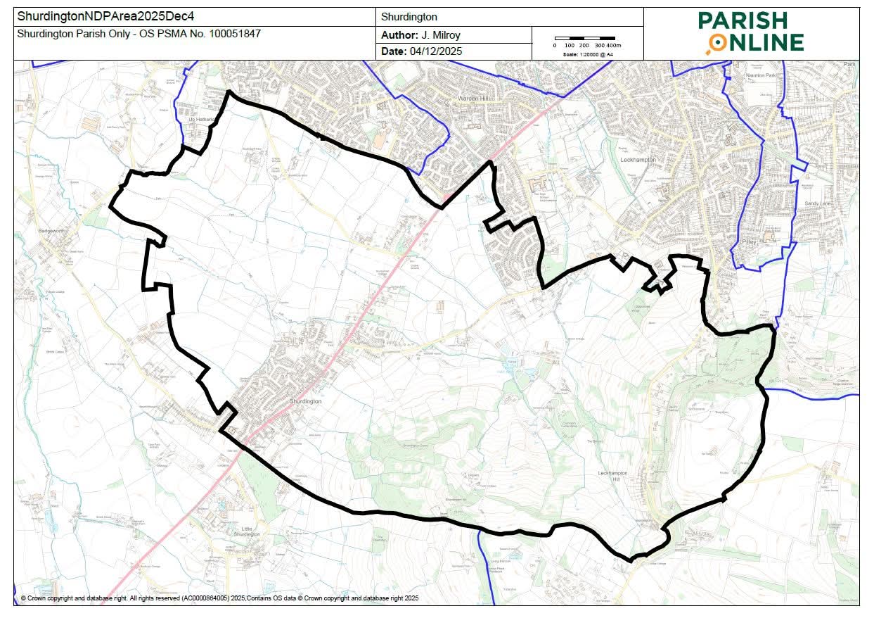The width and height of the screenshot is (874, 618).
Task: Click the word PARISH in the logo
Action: pos(752,20)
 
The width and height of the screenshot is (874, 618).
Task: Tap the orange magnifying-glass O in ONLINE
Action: pos(716,44)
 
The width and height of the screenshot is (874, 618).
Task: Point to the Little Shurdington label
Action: pos(251,531)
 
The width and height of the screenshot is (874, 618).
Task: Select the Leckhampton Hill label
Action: pos(613,476)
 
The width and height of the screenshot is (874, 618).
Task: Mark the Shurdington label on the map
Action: pos(306,401)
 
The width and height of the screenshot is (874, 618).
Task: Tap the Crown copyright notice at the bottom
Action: pos(219,598)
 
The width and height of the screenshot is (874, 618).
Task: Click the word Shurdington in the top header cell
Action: pos(409,16)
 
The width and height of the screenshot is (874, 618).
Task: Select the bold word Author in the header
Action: pos(398,35)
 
